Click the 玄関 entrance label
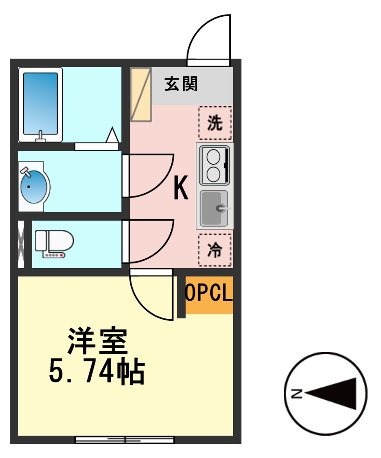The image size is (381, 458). [181, 84]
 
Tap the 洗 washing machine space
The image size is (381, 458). [214, 123]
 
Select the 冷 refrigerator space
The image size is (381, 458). [214, 250]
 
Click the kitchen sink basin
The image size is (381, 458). [214, 209]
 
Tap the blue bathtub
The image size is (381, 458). [40, 104]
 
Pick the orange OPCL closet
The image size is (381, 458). [209, 294]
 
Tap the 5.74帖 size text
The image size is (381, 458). [97, 371]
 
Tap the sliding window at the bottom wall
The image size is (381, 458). [125, 439]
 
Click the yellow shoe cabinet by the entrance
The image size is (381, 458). [140, 94]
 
